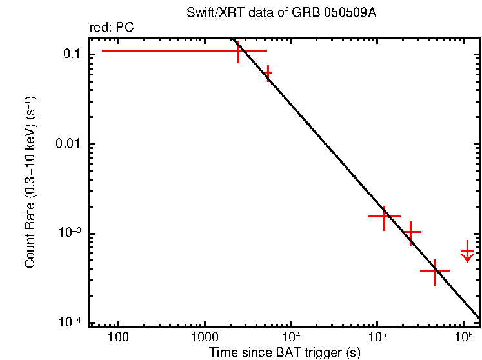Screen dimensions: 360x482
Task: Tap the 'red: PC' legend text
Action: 112,28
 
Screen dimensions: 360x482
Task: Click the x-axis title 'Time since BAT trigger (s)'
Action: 285,352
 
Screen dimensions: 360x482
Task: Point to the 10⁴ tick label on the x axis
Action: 291,337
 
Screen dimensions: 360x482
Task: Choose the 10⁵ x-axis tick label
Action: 377,337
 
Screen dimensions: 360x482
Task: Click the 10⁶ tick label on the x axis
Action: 463,337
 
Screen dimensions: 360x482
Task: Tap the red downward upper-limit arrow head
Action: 468,258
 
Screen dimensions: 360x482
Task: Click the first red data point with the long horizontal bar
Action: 239,50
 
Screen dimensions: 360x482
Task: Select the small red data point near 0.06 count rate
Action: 268,74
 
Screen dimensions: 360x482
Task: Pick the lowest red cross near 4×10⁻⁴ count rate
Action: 435,271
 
